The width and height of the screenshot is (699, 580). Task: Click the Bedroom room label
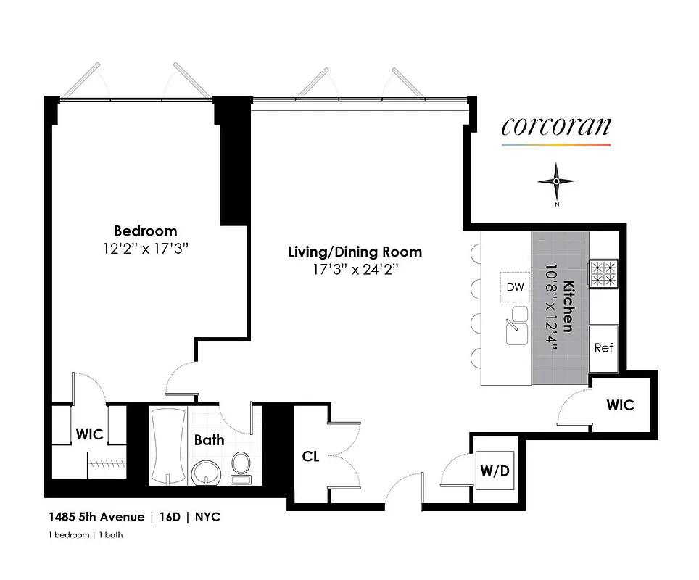(x=145, y=231)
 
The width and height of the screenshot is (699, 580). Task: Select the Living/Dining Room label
(x=355, y=252)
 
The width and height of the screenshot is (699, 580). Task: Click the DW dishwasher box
(x=515, y=288)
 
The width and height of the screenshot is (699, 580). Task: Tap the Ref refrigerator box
(x=603, y=347)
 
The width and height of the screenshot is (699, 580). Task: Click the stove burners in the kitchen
(x=603, y=274)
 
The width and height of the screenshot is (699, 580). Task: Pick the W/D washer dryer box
(x=495, y=471)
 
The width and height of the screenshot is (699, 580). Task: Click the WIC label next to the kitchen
(x=620, y=405)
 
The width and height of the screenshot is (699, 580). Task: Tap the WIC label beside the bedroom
(x=90, y=435)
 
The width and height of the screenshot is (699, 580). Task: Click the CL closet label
(x=311, y=457)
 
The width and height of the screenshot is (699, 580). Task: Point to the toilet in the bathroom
(x=241, y=467)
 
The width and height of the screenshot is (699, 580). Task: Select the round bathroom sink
(x=205, y=472)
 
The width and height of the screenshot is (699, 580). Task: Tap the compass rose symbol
(x=556, y=181)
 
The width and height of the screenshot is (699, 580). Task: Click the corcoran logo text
(x=556, y=126)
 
